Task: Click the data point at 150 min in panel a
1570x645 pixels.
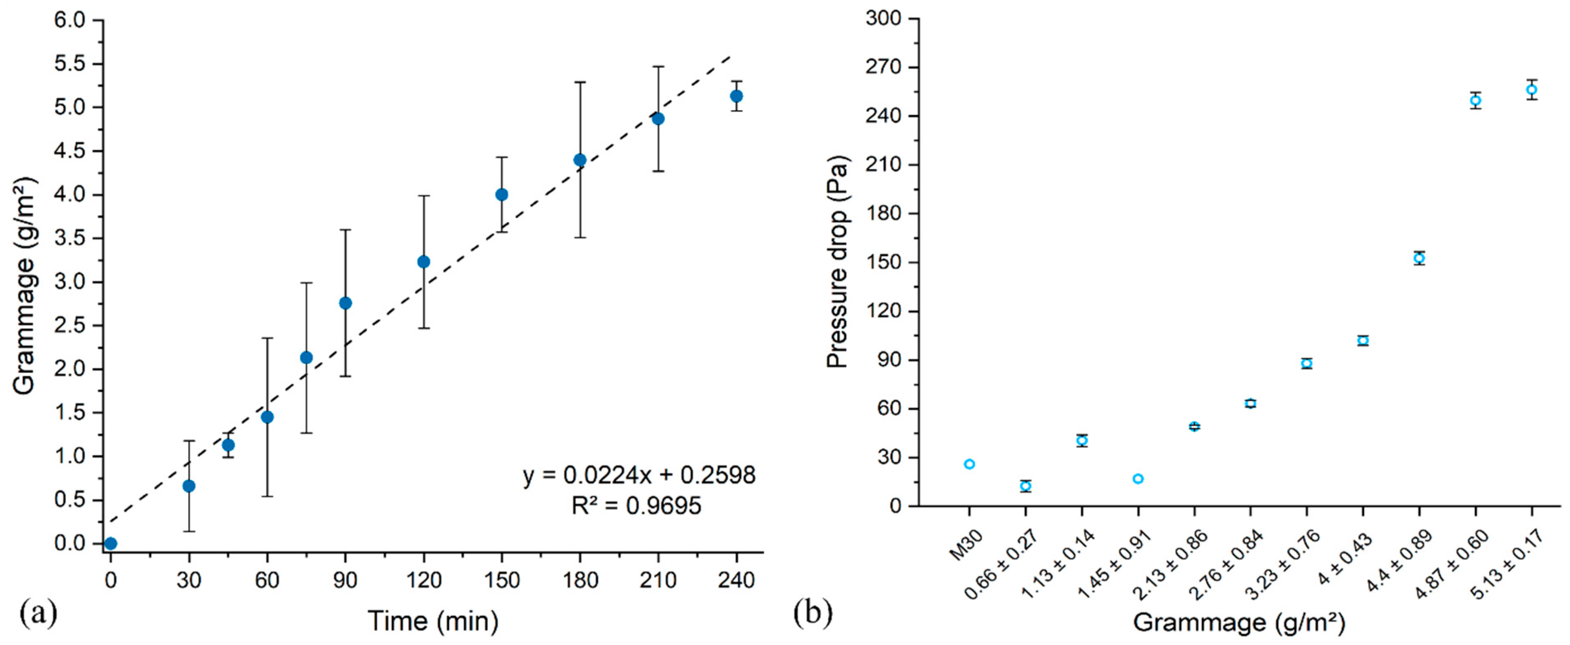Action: point(501,195)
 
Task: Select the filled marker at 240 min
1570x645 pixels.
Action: point(736,96)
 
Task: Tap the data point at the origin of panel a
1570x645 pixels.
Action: point(110,543)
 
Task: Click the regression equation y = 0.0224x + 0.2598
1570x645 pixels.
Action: point(639,475)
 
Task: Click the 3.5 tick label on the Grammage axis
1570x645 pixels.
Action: point(71,238)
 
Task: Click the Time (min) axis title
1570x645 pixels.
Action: point(433,621)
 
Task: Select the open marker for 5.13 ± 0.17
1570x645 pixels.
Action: point(1532,89)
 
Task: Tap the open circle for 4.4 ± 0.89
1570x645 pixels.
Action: point(1419,258)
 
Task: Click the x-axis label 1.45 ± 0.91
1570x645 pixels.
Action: point(1114,564)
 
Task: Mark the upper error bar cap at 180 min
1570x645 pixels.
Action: point(580,82)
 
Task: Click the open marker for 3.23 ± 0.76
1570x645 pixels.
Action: point(1306,364)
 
